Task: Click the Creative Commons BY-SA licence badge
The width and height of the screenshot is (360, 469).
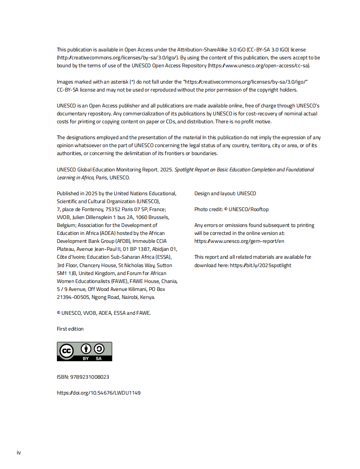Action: pyautogui.click(x=84, y=352)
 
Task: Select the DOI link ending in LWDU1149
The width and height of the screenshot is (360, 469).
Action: pyautogui.click(x=99, y=393)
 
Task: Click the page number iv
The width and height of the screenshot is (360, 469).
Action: pyautogui.click(x=18, y=453)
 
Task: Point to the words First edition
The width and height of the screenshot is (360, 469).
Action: pyautogui.click(x=70, y=329)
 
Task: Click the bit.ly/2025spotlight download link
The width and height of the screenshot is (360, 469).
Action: pyautogui.click(x=260, y=265)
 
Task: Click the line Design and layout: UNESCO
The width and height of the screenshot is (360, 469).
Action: pyautogui.click(x=225, y=194)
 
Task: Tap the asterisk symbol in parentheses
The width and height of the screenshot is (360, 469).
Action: pyautogui.click(x=132, y=82)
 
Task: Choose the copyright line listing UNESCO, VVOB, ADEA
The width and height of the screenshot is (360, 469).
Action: pyautogui.click(x=104, y=313)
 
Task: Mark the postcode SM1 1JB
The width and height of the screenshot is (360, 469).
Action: pyautogui.click(x=67, y=273)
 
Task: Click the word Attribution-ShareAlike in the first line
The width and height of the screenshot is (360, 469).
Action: pyautogui.click(x=200, y=50)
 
